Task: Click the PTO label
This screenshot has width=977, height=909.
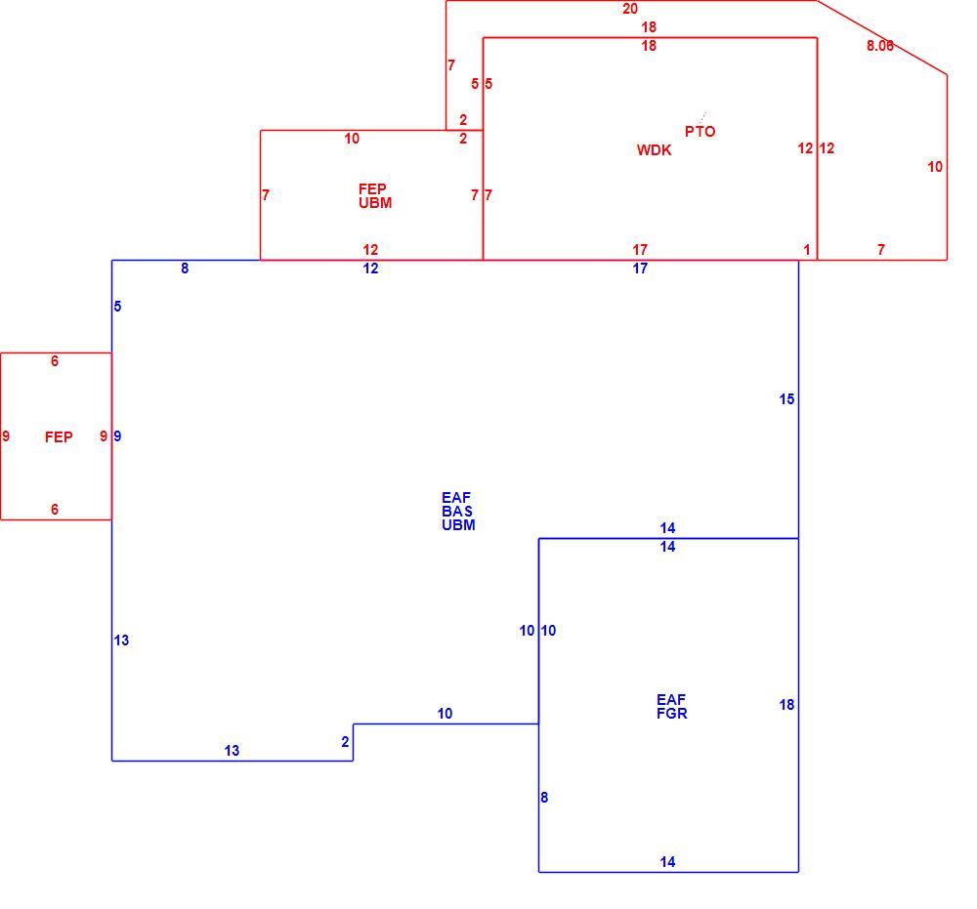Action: click(x=700, y=132)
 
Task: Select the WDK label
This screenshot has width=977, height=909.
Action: click(x=654, y=150)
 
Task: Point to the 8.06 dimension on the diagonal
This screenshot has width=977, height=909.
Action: click(x=880, y=46)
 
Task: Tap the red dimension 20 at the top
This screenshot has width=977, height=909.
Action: click(x=630, y=9)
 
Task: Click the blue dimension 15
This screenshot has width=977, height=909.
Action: click(x=786, y=399)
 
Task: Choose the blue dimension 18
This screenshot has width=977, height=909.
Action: click(x=786, y=704)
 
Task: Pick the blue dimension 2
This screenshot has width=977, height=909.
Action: click(x=345, y=741)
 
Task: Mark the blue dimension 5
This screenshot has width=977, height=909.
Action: click(x=117, y=307)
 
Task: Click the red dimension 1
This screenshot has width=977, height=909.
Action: click(x=807, y=250)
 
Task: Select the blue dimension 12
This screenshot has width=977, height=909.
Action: click(x=370, y=269)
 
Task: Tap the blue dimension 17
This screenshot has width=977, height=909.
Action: click(x=640, y=269)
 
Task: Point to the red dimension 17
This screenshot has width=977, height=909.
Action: click(x=640, y=250)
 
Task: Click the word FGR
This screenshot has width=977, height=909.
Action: click(x=672, y=714)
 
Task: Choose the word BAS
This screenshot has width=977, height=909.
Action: click(x=457, y=512)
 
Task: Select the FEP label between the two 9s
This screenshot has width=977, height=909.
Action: click(x=59, y=437)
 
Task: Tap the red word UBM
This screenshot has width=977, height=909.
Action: click(x=375, y=203)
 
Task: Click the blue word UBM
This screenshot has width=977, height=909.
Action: click(x=458, y=525)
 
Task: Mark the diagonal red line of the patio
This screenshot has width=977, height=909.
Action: click(x=882, y=37)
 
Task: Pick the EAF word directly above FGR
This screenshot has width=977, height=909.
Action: click(x=671, y=700)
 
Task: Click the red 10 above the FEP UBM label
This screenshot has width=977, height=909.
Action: click(x=352, y=139)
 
